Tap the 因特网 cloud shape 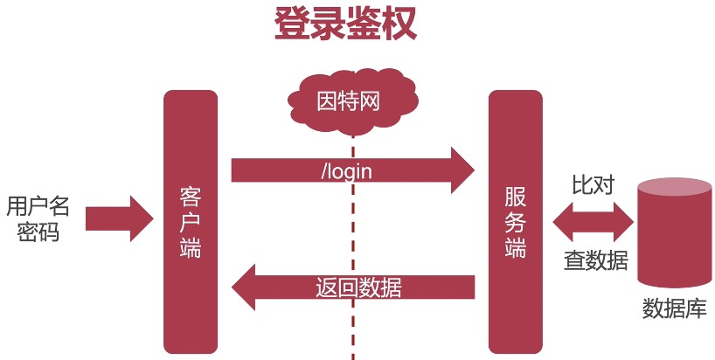[x=352, y=101]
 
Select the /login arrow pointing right [x=353, y=170]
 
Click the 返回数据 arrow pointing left [x=353, y=287]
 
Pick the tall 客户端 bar [x=191, y=222]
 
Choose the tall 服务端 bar [x=516, y=222]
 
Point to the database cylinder [x=675, y=232]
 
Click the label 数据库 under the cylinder [x=675, y=308]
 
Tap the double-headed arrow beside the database [x=594, y=222]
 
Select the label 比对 [x=594, y=184]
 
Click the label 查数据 [x=596, y=260]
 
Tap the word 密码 [x=38, y=232]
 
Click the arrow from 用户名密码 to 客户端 [x=120, y=218]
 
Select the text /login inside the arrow [x=346, y=172]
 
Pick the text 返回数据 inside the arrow [x=358, y=287]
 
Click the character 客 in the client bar [x=191, y=197]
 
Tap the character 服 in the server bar [x=516, y=197]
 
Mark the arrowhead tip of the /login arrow [x=475, y=170]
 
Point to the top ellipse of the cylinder [x=675, y=188]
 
